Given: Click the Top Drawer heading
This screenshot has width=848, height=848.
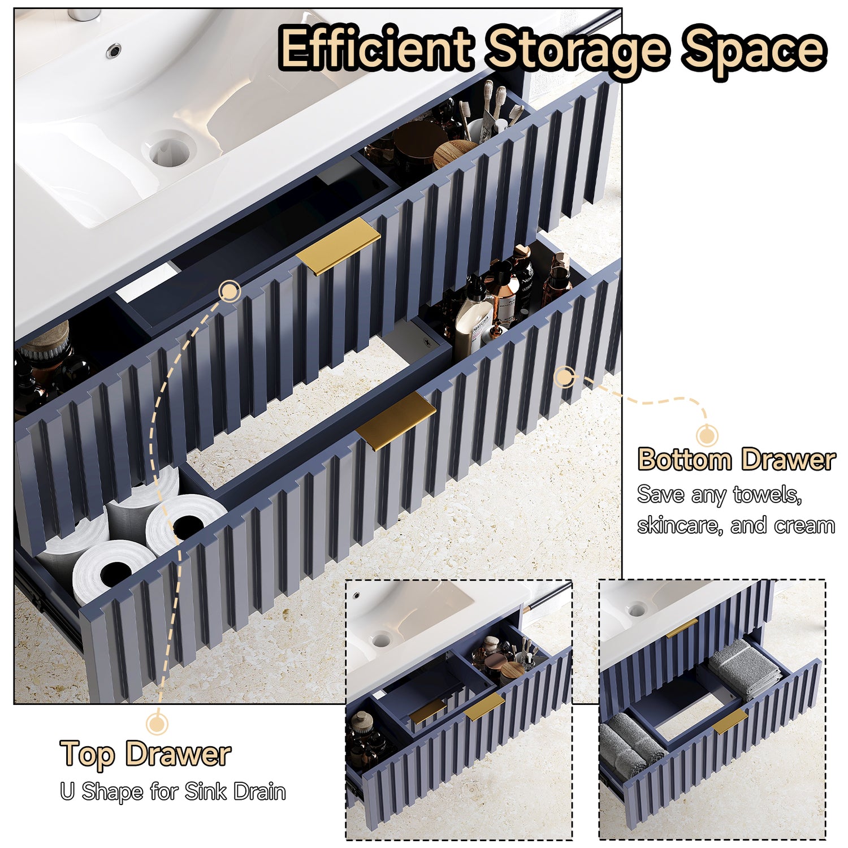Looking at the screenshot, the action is (x=145, y=754).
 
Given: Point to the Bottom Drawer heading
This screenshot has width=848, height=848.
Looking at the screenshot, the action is (x=737, y=459).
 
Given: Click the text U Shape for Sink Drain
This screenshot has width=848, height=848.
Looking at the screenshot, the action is (x=173, y=791).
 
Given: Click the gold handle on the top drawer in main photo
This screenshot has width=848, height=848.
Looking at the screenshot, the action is (x=338, y=246).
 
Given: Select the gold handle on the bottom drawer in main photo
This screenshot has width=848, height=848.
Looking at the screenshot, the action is (x=396, y=421).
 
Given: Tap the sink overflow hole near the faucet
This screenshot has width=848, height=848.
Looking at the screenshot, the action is (x=114, y=50).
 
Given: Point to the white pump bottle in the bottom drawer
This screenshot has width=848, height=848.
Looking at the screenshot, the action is (x=473, y=317).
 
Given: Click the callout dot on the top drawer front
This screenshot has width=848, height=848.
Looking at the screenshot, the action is (x=230, y=291).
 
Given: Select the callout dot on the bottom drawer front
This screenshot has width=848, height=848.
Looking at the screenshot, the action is (x=564, y=377).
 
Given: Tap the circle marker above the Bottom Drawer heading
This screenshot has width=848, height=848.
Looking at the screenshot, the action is (x=707, y=436).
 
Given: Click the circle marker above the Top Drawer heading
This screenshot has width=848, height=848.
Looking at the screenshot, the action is (x=157, y=723).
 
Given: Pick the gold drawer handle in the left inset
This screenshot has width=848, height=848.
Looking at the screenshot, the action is (x=484, y=707).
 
